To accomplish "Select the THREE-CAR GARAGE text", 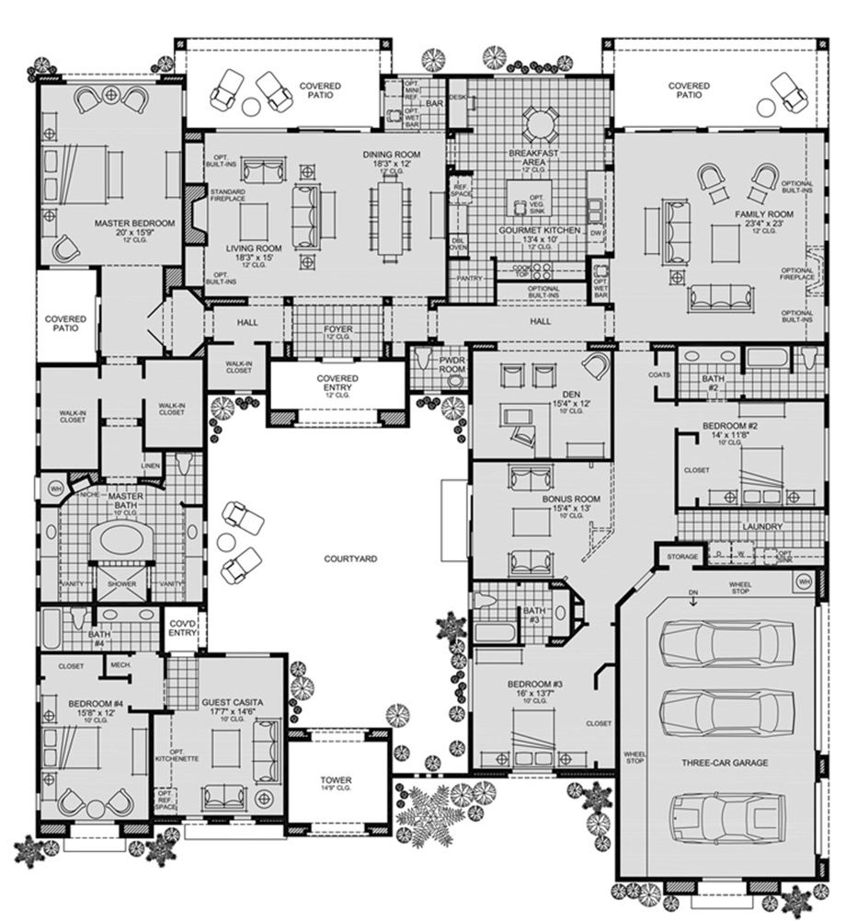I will click(x=725, y=763).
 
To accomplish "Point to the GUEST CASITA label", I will click(x=232, y=702).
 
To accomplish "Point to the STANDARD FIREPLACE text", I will click(x=227, y=196).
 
